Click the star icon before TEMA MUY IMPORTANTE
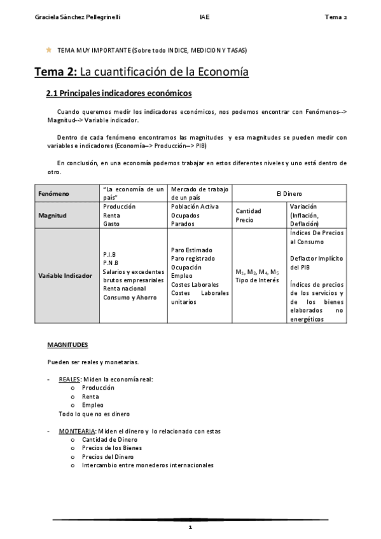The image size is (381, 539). (48, 50)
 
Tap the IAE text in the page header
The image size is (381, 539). (203, 17)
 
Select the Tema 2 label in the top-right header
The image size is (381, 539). (335, 17)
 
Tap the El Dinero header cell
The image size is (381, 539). (289, 193)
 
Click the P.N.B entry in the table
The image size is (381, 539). (111, 263)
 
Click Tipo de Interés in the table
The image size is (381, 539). (257, 280)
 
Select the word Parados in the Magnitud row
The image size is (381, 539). (184, 224)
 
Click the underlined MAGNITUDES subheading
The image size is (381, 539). (67, 345)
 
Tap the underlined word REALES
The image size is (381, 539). (69, 379)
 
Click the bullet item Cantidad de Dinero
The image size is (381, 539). (109, 439)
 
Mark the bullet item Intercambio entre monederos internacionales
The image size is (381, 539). (148, 465)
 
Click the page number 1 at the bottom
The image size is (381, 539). (190, 528)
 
